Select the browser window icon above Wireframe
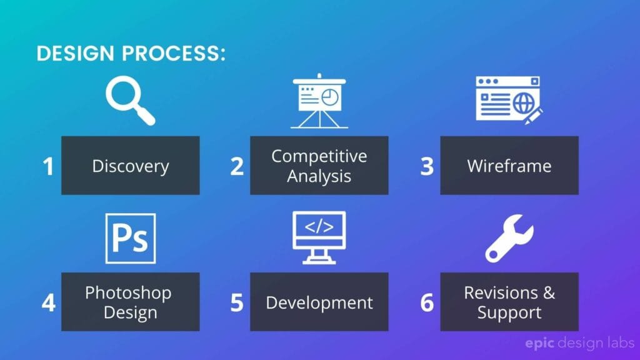click(508, 99)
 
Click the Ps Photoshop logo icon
click(131, 238)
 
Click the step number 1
click(48, 167)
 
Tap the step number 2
click(237, 167)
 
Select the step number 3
click(427, 167)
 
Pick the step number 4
click(48, 303)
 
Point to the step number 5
click(237, 303)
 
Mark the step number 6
click(427, 303)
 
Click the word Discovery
click(131, 166)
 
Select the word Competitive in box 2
click(319, 156)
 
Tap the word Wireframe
click(509, 166)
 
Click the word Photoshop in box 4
click(128, 292)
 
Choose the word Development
click(319, 303)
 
